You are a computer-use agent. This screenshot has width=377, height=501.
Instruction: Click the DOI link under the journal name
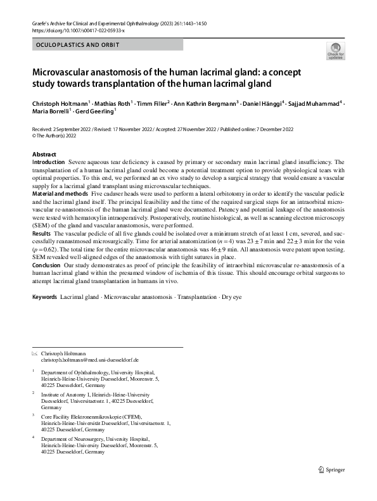tap(78, 30)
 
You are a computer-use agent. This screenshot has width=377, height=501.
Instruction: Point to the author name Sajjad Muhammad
tap(313, 103)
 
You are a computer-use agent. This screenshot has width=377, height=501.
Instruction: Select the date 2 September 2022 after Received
tap(78, 129)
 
